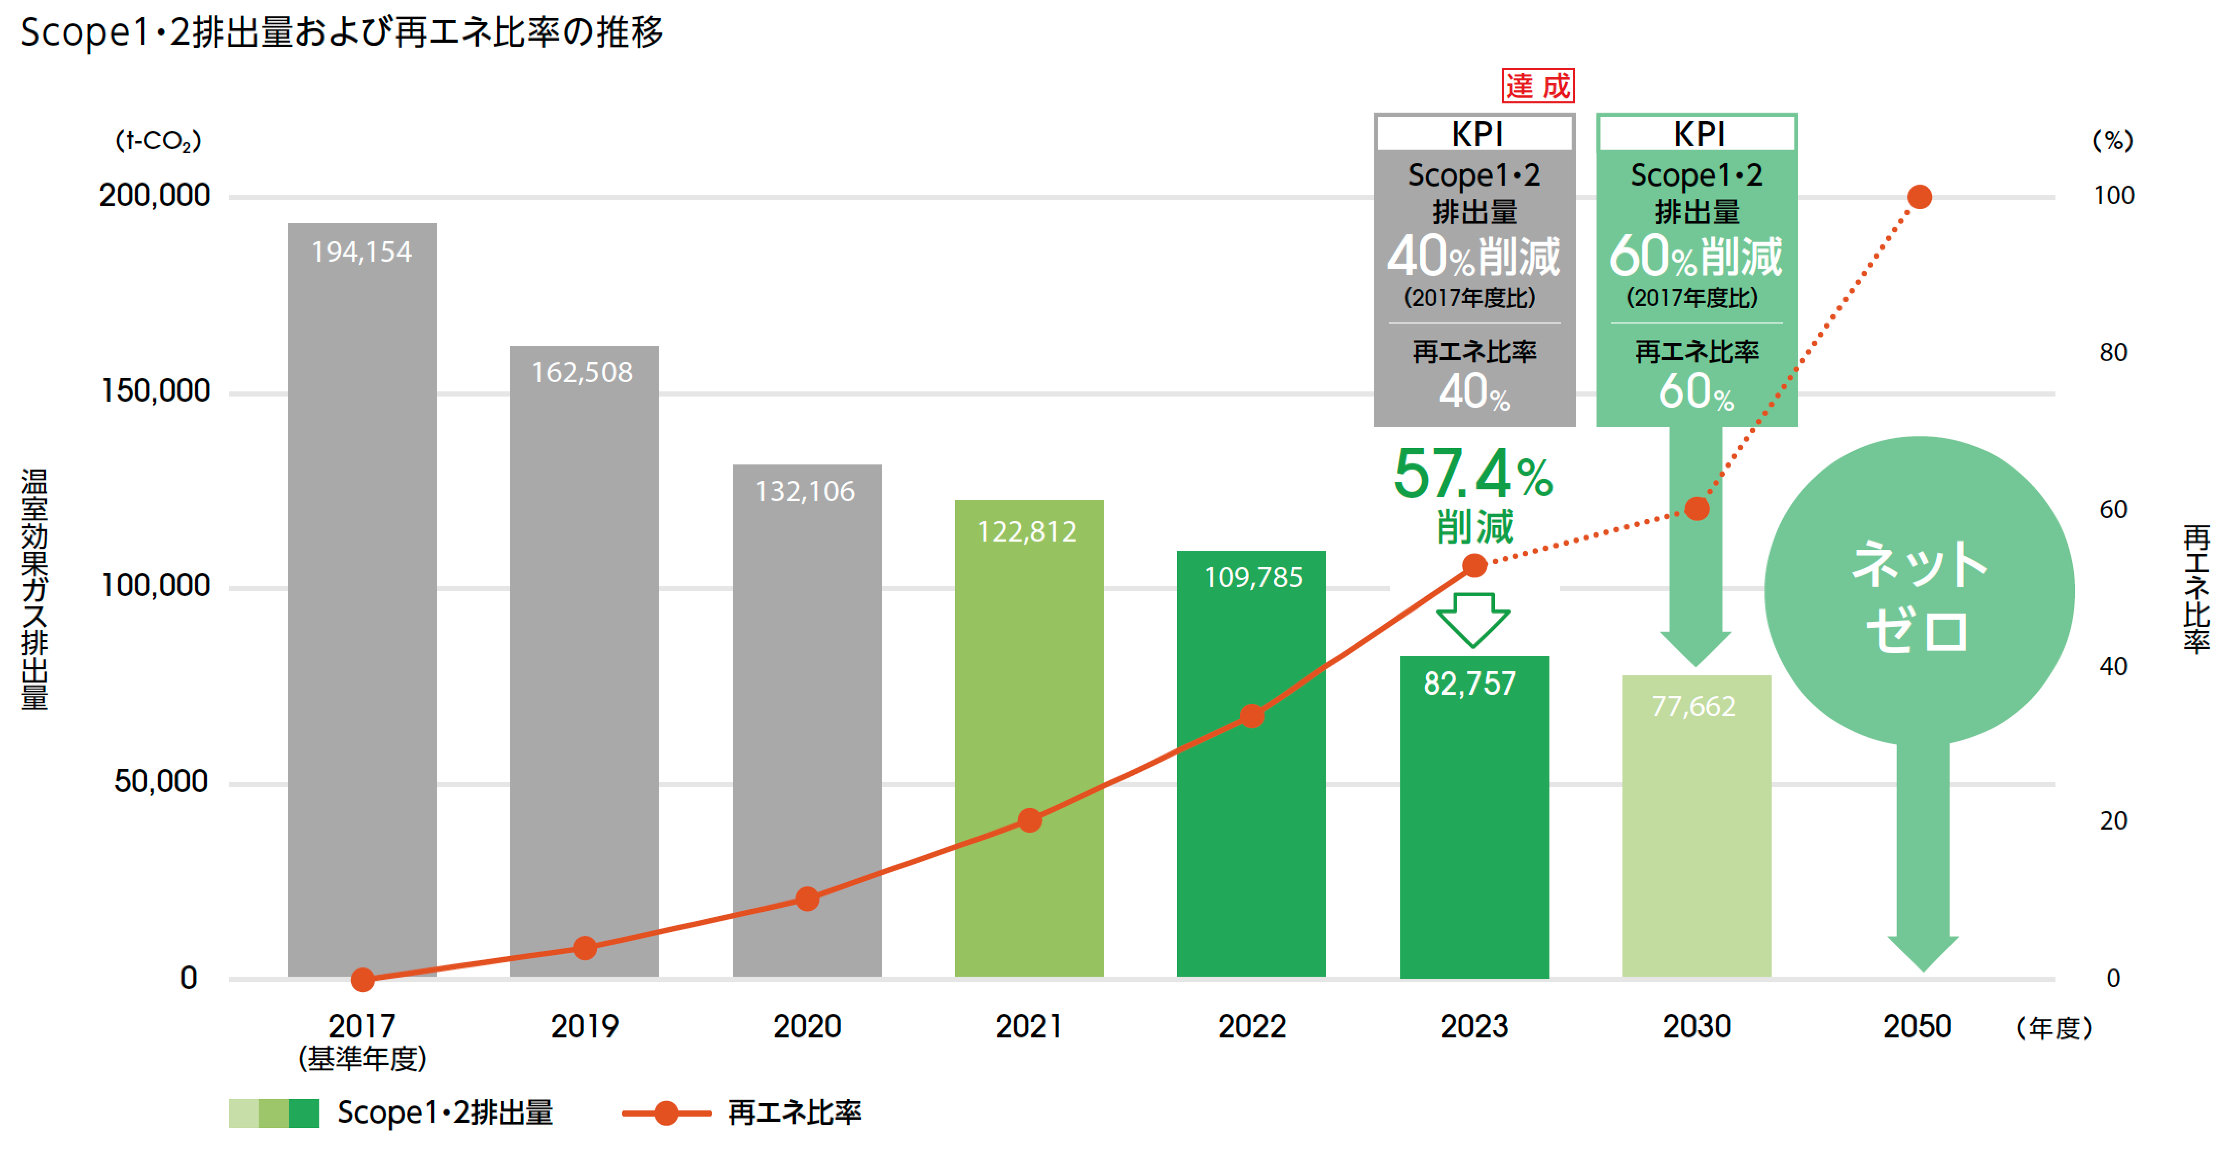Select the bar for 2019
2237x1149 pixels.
[x=584, y=662]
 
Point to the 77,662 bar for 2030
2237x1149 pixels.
[x=1696, y=827]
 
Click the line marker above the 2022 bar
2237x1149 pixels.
[x=1251, y=716]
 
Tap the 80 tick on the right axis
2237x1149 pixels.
[x=2113, y=353]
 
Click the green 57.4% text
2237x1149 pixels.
[x=1474, y=475]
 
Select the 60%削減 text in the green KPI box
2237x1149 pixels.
[x=1696, y=256]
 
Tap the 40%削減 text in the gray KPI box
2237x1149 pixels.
[x=1474, y=256]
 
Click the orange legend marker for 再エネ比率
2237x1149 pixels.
[x=666, y=1112]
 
